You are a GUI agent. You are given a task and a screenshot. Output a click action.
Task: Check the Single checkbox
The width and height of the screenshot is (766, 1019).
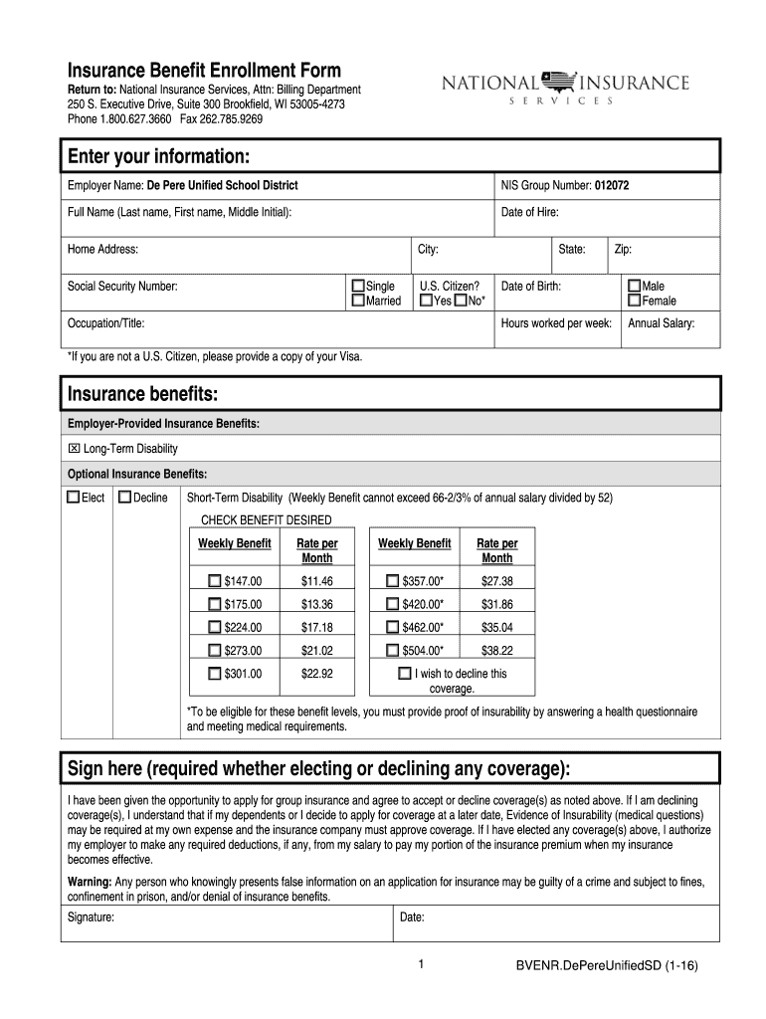click(x=359, y=287)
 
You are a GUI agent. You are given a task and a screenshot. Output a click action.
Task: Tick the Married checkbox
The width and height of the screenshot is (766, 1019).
click(x=359, y=302)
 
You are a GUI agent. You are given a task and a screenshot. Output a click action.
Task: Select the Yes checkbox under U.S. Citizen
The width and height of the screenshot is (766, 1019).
click(x=426, y=302)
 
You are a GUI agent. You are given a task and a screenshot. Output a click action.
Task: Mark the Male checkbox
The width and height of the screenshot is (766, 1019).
click(x=634, y=287)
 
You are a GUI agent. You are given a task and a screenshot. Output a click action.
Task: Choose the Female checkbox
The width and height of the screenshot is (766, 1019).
click(x=634, y=302)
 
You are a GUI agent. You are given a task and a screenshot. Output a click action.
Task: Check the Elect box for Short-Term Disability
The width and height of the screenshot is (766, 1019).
click(x=73, y=498)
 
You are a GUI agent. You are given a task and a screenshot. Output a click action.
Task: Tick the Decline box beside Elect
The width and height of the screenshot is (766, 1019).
click(x=124, y=498)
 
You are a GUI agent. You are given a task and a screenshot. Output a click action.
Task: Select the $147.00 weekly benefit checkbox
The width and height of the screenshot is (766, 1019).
click(x=215, y=581)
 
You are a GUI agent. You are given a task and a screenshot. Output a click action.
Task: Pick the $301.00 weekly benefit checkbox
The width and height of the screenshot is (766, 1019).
click(x=215, y=674)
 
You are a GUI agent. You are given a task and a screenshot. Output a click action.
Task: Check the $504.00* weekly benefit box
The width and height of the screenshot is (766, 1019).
click(x=392, y=651)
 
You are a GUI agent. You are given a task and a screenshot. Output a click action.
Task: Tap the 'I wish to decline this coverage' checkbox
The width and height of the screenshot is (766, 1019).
click(x=404, y=674)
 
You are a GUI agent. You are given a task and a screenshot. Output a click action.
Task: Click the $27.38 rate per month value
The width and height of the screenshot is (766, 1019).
click(x=496, y=581)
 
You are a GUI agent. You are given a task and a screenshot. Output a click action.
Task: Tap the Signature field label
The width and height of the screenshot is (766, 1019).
click(x=91, y=917)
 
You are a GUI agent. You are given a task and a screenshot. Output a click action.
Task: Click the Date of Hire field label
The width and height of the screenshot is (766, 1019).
click(x=529, y=213)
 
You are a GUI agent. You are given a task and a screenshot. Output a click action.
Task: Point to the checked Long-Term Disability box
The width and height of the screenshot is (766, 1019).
click(x=74, y=449)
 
